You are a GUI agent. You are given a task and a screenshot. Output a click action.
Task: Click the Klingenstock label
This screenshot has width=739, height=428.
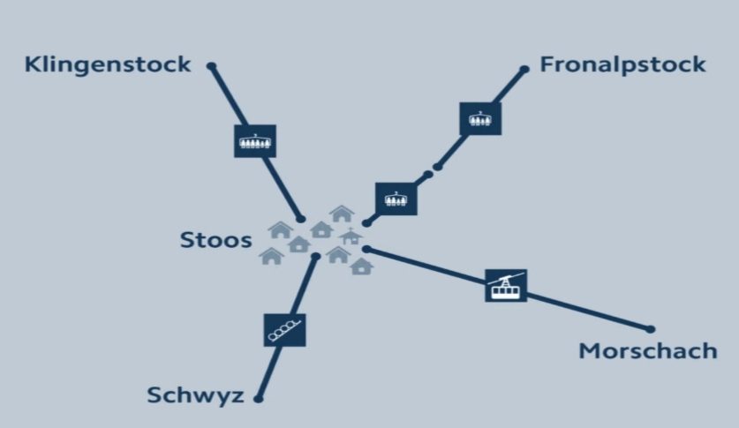(108, 64)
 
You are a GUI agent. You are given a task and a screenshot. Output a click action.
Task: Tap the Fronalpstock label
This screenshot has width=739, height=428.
(622, 64)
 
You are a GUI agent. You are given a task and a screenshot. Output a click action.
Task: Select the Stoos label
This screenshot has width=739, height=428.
(215, 239)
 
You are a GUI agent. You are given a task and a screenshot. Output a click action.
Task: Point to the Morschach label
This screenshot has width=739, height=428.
(648, 351)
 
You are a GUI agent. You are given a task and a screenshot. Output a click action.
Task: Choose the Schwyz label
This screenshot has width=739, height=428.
(195, 395)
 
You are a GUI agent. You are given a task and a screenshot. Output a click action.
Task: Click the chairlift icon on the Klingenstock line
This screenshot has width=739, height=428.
(255, 140)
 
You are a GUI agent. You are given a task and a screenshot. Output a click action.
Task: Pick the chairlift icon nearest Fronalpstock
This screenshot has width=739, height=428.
(480, 118)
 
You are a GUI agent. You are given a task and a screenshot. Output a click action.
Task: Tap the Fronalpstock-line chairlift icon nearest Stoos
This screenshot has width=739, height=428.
(396, 199)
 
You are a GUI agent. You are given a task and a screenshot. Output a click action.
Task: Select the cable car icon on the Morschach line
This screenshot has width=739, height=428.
(506, 285)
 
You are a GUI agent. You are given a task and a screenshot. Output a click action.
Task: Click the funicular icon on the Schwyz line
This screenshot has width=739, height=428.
(284, 329)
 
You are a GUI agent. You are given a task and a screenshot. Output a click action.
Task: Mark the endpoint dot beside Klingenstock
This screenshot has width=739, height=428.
(211, 65)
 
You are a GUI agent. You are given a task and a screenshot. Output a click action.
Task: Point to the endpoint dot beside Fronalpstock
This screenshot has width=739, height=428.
(524, 69)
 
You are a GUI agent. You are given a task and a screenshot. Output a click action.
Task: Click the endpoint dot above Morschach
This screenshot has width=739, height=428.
(651, 329)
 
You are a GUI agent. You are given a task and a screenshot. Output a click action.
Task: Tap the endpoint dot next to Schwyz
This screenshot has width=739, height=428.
(259, 399)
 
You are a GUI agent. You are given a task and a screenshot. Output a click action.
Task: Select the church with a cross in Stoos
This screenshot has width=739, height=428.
(351, 237)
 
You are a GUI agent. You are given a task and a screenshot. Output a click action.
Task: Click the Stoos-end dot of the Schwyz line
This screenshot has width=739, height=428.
(316, 257)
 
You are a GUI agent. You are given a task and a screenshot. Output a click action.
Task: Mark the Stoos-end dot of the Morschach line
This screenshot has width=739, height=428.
(366, 250)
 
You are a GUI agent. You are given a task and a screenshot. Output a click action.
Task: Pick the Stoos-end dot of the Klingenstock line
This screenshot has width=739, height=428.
(301, 219)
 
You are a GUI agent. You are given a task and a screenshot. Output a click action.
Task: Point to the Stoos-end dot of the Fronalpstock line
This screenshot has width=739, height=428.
(366, 223)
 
